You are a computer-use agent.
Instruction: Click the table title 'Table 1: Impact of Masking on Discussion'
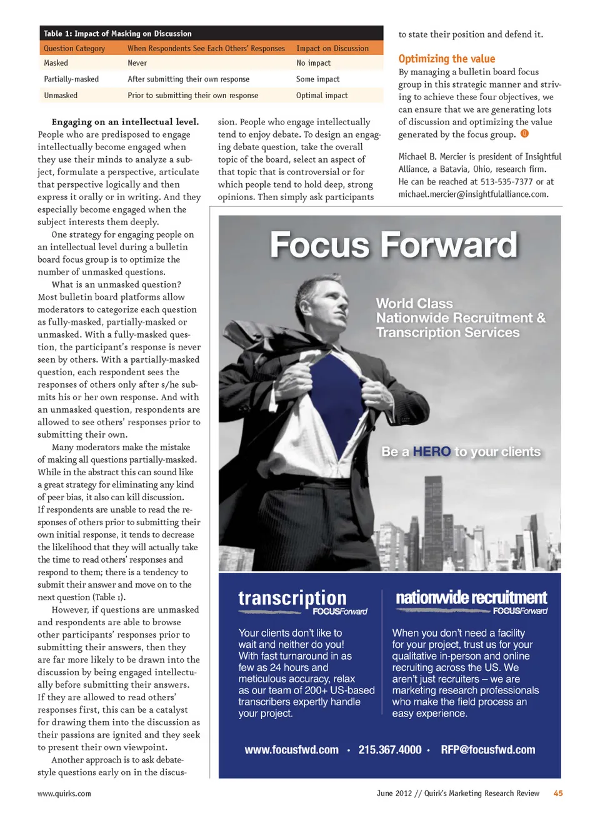pos(117,34)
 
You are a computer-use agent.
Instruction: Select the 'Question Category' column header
pos(74,49)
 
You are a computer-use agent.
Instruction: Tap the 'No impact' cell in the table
pos(313,63)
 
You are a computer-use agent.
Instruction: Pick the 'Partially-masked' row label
pos(71,79)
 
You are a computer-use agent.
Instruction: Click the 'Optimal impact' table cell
pos(322,96)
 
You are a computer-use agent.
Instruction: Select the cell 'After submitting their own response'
pos(188,79)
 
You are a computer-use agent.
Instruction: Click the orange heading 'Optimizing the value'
pos(446,59)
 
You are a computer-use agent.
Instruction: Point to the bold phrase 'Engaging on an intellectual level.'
pos(125,122)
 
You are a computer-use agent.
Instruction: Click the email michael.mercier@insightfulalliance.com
pos(473,194)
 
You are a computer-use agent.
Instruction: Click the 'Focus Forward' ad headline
pos(394,245)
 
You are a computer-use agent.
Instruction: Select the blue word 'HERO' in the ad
pos(431,451)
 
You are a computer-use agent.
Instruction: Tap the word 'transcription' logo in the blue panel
pos(292,598)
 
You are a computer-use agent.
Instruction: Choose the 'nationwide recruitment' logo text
pos(471,598)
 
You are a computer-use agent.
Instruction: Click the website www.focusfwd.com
pos(291,750)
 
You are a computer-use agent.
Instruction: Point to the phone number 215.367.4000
pos(390,750)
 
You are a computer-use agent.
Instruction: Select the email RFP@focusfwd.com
pos(487,750)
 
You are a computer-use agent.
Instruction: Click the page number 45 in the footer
pos(557,793)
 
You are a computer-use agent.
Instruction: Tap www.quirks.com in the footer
pos(64,794)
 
